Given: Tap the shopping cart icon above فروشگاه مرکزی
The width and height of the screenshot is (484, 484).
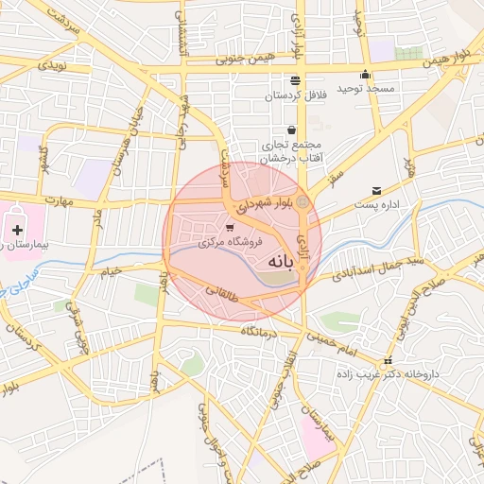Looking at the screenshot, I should point(231,228).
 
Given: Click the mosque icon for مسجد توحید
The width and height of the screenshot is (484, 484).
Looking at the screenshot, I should point(365,77).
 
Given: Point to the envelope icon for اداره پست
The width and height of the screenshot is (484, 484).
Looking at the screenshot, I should point(377,190).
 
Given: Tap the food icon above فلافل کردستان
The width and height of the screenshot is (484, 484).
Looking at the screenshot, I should point(296,80).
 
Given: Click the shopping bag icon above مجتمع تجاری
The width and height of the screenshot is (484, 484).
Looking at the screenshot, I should point(291,130).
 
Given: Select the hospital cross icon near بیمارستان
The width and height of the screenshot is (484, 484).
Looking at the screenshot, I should point(17,228).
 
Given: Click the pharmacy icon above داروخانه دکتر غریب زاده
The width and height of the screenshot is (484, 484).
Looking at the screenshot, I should point(387,362).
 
